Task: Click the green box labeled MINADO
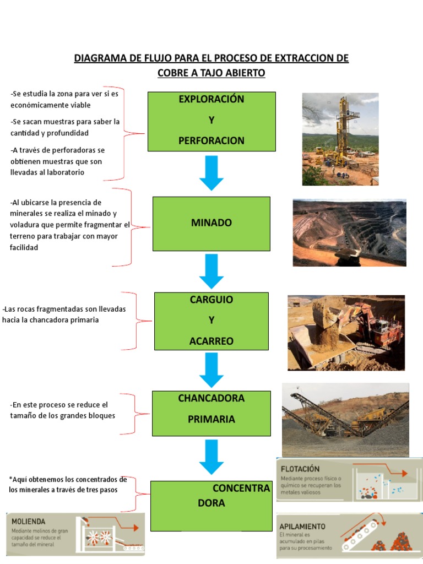pyautogui.click(x=211, y=224)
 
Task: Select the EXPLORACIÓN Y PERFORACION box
pyautogui.click(x=211, y=122)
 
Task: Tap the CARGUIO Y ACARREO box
pyautogui.click(x=211, y=321)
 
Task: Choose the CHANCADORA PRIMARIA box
pyautogui.click(x=211, y=414)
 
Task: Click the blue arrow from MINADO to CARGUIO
pyautogui.click(x=211, y=271)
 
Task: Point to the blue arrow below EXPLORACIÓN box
pyautogui.click(x=211, y=173)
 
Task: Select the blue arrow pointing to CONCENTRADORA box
pyautogui.click(x=211, y=457)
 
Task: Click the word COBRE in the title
pyautogui.click(x=173, y=73)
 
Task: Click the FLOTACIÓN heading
pyautogui.click(x=300, y=469)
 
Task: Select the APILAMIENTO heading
pyautogui.click(x=302, y=527)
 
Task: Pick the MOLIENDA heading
pyautogui.click(x=29, y=522)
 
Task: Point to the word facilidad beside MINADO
pyautogui.click(x=24, y=247)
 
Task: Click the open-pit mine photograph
pyautogui.click(x=350, y=233)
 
